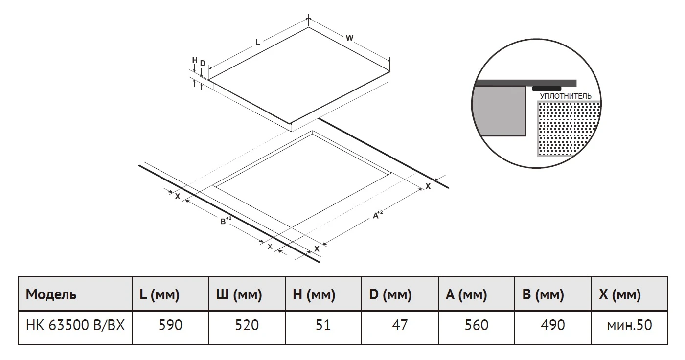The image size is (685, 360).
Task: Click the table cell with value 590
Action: tap(170, 327)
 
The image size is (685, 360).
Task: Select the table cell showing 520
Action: tap(247, 327)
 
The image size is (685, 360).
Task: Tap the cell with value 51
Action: tap(323, 327)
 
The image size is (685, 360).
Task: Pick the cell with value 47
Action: tap(400, 327)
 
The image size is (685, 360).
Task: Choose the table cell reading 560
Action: tap(477, 327)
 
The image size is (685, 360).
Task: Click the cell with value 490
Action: tap(553, 327)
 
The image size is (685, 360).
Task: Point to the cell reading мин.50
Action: tap(629, 327)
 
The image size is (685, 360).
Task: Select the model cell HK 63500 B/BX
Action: tap(75, 327)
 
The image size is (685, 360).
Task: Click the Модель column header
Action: tap(75, 294)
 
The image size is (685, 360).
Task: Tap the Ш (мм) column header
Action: tap(247, 294)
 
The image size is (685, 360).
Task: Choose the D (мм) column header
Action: tap(400, 294)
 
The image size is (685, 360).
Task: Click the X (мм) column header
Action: tap(629, 294)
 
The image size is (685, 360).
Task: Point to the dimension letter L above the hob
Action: tap(257, 42)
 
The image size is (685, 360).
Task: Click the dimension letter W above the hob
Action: tap(349, 38)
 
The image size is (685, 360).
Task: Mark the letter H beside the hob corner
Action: tap(195, 60)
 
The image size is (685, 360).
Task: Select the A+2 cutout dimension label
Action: tap(378, 215)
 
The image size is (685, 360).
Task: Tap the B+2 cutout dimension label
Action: tap(226, 220)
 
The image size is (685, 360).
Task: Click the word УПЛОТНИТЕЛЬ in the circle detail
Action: tap(566, 96)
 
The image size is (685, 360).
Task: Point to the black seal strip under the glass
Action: tap(547, 89)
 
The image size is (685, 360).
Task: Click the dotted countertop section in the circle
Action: tap(568, 128)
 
